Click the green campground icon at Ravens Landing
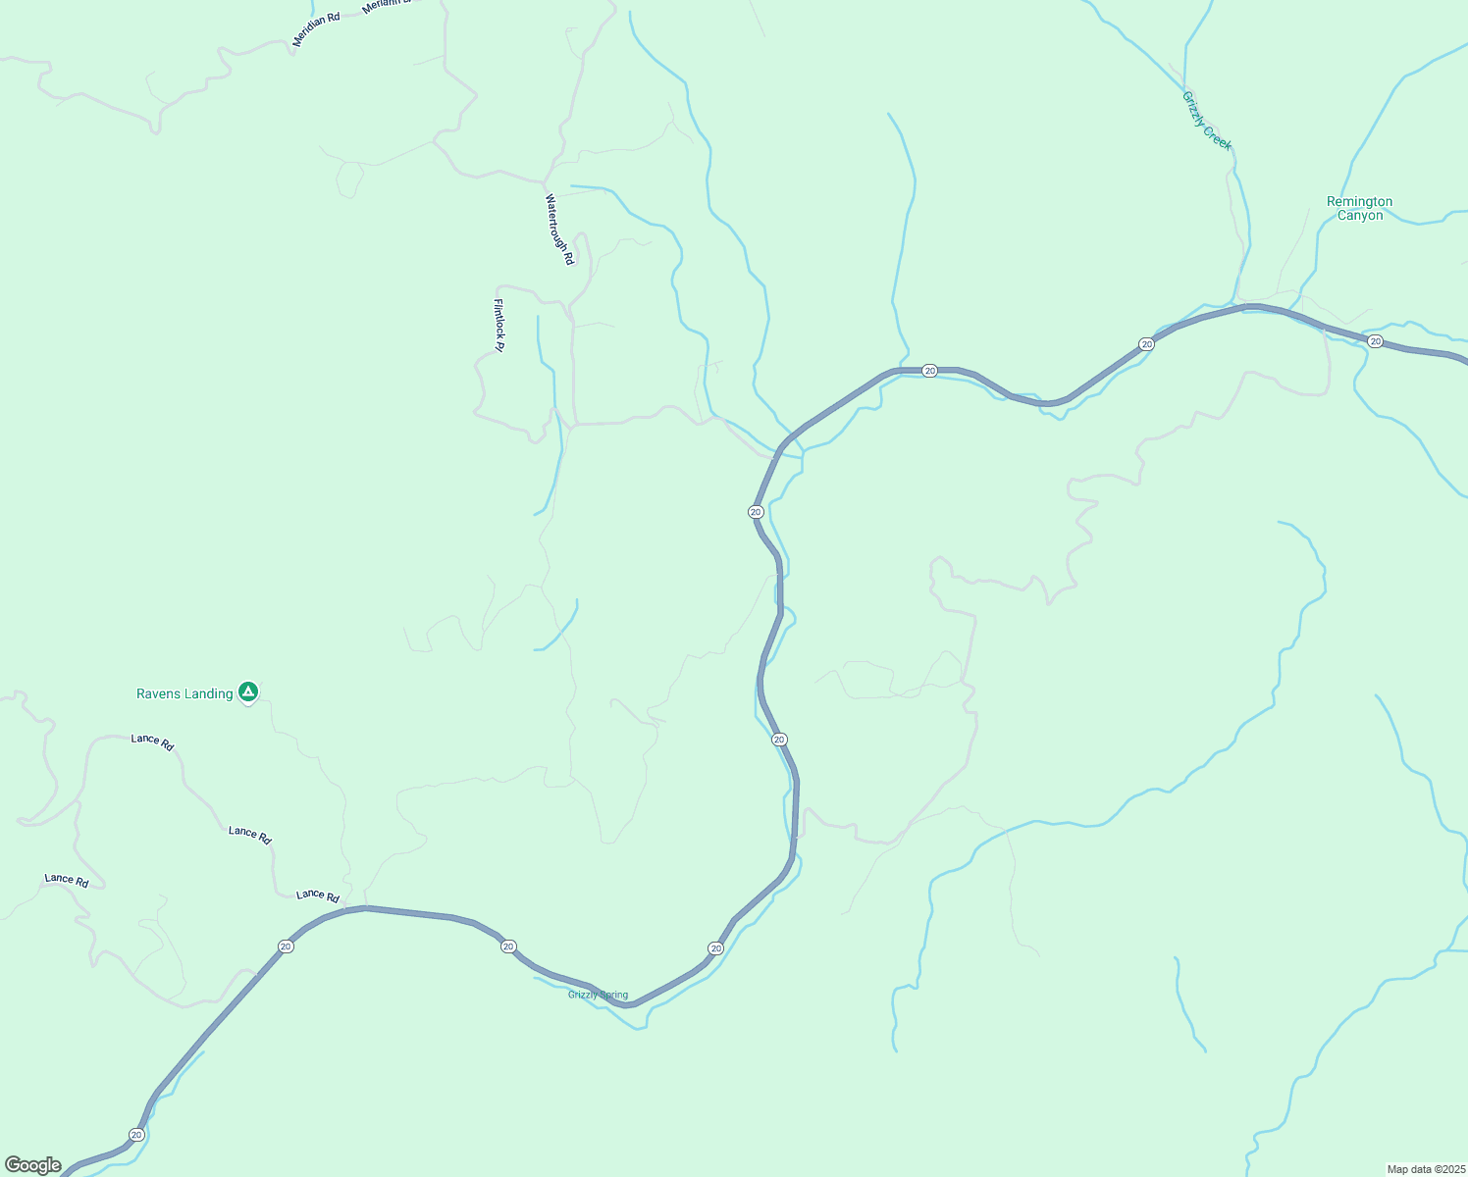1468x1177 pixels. [x=248, y=692]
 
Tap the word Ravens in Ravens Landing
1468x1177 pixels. [x=158, y=694]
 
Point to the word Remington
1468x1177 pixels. [x=1359, y=202]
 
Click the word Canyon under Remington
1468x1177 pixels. [x=1359, y=216]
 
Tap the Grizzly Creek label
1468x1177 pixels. [x=1206, y=122]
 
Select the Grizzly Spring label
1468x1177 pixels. [x=598, y=995]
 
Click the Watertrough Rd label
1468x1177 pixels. [x=558, y=230]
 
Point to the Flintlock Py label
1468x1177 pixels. [x=498, y=325]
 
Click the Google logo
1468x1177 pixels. [x=33, y=1165]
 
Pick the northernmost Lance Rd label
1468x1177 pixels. [x=152, y=742]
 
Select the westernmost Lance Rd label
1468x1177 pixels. [x=67, y=881]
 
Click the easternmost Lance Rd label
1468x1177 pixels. [x=318, y=896]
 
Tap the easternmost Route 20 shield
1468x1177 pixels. [x=1375, y=341]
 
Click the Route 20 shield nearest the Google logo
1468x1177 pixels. [x=136, y=1135]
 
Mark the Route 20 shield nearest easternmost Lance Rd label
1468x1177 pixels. [x=286, y=947]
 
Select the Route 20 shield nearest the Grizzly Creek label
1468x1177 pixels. [x=1146, y=344]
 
